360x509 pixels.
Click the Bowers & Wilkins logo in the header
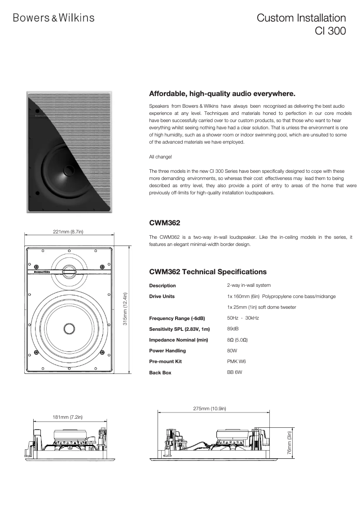53,18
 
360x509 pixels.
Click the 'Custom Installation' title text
301,18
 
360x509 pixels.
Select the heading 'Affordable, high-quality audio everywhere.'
222,94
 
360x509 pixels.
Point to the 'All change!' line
160,157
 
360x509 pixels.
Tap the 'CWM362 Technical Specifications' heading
208,272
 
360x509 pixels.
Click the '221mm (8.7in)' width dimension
69,231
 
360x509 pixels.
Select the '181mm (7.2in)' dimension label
67,417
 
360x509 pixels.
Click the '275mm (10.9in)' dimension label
210,408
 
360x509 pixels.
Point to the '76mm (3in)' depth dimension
290,443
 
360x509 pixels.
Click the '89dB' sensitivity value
233,329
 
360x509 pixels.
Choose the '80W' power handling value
232,351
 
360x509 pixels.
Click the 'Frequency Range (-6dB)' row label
177,318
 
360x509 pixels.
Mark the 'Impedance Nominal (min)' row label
178,340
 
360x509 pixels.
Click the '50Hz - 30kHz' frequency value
243,318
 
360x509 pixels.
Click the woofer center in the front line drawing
69,328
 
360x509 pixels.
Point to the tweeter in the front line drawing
69,270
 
